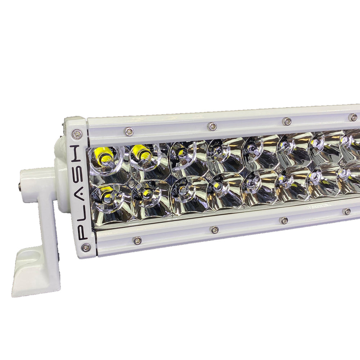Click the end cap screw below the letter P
86,248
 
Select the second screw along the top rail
212,126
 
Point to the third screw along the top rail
287,121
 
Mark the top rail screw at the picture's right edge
353,117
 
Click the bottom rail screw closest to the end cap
137,240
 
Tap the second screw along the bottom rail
215,230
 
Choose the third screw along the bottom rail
284,220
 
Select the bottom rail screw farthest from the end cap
347,212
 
